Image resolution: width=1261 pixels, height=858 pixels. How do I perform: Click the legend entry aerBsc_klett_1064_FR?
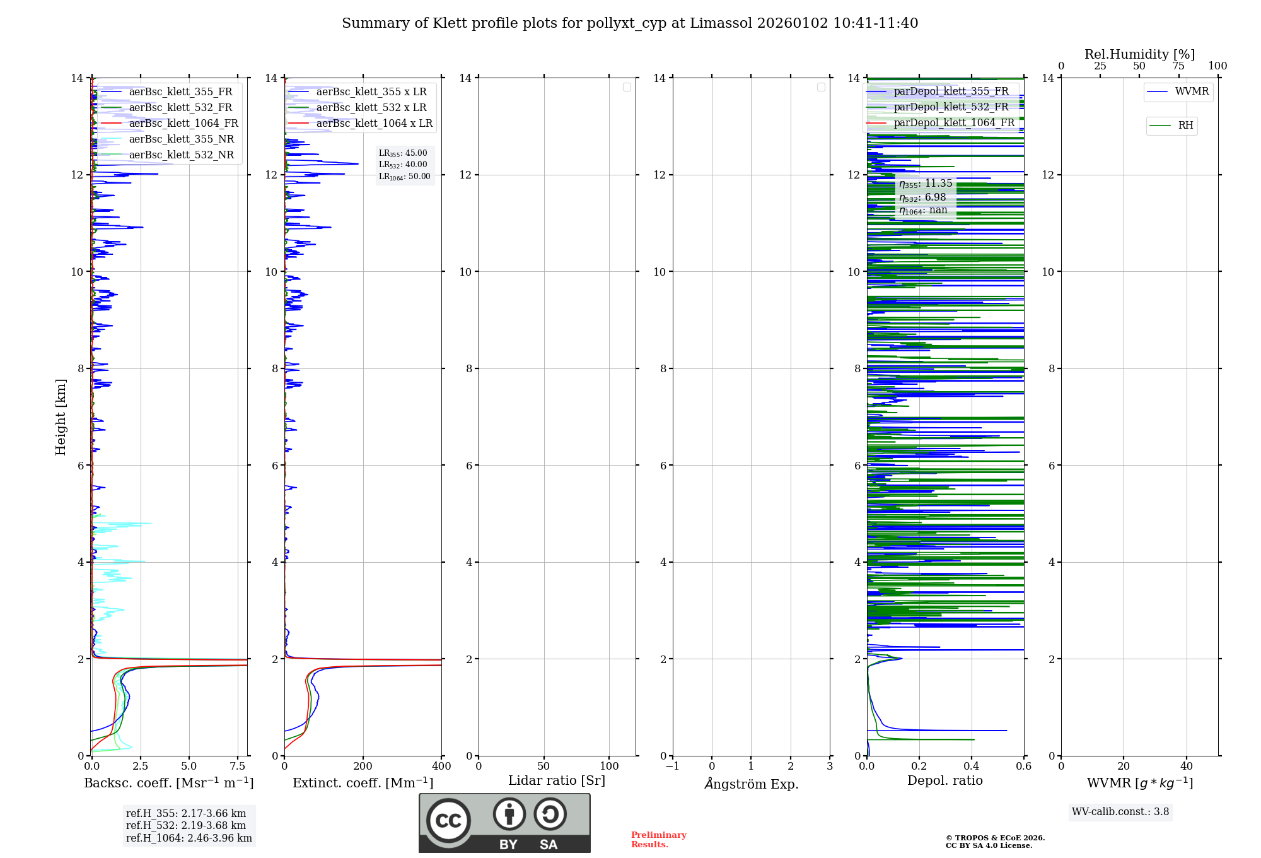pos(183,124)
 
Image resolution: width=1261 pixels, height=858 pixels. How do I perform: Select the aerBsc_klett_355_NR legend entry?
pos(181,139)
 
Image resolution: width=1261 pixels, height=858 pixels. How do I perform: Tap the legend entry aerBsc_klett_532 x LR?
pos(371,108)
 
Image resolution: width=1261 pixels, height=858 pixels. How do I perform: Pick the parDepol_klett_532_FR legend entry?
pos(951,107)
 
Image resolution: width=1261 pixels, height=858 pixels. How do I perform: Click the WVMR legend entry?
pos(1192,91)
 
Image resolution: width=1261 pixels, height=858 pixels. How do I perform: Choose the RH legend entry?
pos(1185,126)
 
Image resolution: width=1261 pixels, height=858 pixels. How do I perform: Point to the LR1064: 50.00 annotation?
pos(404,177)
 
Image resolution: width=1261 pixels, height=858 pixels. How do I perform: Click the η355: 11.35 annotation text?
pos(926,184)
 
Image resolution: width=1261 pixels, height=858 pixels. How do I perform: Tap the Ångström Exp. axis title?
pos(751,784)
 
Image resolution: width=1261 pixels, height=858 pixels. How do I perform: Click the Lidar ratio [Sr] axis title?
pos(556,781)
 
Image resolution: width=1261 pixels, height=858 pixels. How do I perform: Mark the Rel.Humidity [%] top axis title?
pos(1139,54)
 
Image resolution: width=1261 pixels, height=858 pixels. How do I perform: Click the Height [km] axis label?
pos(61,417)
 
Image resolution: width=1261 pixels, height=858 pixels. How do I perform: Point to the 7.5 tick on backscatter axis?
pos(238,767)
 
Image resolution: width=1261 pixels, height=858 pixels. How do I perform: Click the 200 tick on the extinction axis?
pos(363,767)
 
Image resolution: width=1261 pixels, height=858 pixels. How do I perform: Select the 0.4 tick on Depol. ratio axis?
pos(972,767)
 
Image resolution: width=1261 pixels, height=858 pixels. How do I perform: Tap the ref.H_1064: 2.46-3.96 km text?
pos(189,838)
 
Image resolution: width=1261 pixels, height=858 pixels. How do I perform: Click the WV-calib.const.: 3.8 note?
pos(1120,812)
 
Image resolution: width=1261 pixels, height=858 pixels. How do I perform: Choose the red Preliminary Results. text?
pos(658,840)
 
